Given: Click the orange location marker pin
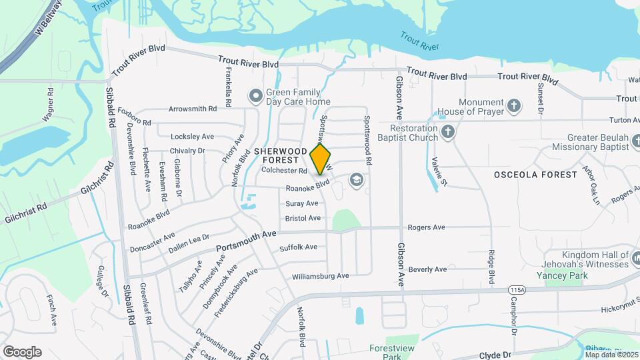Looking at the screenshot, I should (x=321, y=159).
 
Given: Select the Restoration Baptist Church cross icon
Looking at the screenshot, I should (x=448, y=132).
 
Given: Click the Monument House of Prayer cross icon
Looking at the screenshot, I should (x=513, y=105).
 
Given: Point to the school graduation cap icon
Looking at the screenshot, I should (x=357, y=180).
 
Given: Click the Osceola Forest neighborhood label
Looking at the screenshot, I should (x=535, y=175).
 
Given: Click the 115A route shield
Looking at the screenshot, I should (x=516, y=290).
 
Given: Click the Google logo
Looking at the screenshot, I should (x=22, y=352).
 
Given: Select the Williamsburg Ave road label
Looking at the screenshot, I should (x=320, y=276).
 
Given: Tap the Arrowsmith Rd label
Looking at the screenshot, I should (x=193, y=108).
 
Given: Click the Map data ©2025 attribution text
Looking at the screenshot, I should (x=611, y=354).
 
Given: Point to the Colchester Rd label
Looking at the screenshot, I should (x=284, y=171).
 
